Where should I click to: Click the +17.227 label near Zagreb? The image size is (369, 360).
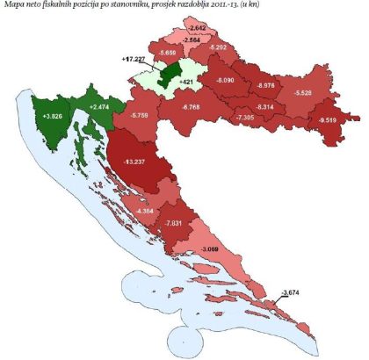pos(136,59)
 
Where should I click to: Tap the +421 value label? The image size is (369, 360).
pos(184,83)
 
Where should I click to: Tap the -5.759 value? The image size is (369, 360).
pos(139,114)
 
